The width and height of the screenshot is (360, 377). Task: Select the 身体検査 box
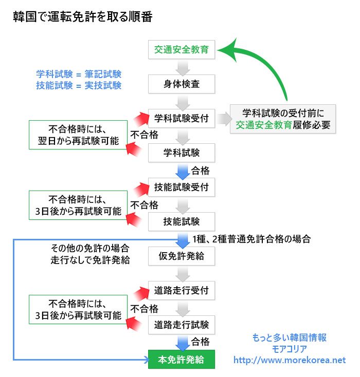tap(181, 84)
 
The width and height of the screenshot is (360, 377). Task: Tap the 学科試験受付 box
tap(181, 119)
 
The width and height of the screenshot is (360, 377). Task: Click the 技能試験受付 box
tap(181, 187)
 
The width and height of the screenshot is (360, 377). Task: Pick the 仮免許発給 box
tap(181, 256)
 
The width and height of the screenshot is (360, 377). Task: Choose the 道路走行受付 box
tap(181, 290)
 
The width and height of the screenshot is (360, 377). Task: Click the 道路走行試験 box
tap(181, 325)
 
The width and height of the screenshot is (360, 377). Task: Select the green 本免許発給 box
tap(181, 360)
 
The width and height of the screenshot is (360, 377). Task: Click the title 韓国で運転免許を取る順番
tap(82, 17)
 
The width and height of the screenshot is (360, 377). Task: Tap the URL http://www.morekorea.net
tap(290, 360)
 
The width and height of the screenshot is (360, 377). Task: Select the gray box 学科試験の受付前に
tap(282, 119)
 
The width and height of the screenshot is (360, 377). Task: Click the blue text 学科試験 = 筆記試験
tap(79, 73)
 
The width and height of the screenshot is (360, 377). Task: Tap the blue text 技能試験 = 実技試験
tap(79, 85)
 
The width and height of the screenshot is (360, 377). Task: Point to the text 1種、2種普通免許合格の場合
tap(251, 239)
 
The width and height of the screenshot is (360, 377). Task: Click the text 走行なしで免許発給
tap(89, 260)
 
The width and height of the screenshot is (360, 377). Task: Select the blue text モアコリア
tap(290, 349)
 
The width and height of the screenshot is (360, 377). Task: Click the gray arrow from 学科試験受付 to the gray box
tap(222, 119)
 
